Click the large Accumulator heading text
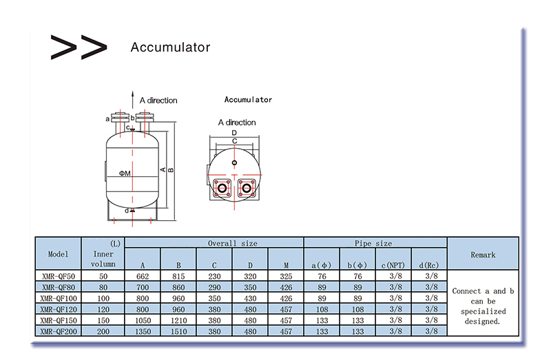[170, 47]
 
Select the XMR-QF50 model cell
[59, 276]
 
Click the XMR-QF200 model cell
[59, 331]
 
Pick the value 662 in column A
[143, 276]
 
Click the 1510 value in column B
[178, 331]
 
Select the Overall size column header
[232, 244]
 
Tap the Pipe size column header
[373, 244]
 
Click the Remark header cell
[483, 255]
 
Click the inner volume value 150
[103, 320]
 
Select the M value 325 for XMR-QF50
[286, 276]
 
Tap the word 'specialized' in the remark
[483, 312]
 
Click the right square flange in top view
[247, 187]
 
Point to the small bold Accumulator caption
[248, 100]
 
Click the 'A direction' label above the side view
[158, 100]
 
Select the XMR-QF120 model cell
[59, 309]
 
